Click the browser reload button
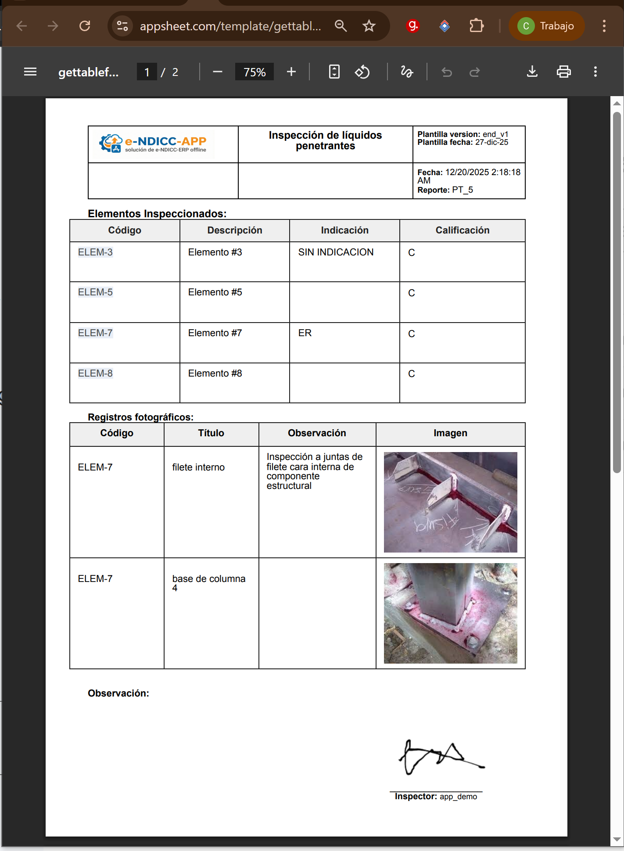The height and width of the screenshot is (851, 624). click(85, 26)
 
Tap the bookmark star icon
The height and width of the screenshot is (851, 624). click(369, 26)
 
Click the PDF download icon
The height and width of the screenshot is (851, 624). click(532, 72)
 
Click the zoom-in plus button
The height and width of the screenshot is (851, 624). click(291, 72)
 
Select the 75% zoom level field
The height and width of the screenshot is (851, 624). click(255, 72)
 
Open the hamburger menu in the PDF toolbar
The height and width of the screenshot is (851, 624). click(30, 72)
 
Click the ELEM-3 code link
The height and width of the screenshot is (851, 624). click(95, 252)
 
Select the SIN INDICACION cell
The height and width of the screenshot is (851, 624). click(336, 252)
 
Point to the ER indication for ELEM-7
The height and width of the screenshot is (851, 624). click(305, 333)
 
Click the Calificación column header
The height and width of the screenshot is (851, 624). click(462, 230)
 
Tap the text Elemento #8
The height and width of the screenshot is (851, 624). click(215, 373)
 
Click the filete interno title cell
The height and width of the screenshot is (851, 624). click(198, 467)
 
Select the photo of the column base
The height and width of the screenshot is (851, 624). click(450, 613)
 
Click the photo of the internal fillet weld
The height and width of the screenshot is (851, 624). click(450, 502)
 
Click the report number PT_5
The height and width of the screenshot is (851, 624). click(463, 190)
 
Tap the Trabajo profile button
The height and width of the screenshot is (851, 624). click(547, 26)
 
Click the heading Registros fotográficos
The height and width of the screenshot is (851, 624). click(140, 417)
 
